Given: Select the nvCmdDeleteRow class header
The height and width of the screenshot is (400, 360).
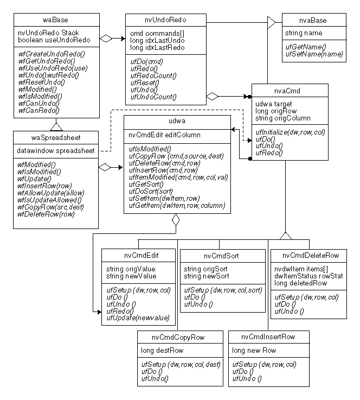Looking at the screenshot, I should (311, 255).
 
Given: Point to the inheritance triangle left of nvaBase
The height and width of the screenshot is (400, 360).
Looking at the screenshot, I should (271, 22).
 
